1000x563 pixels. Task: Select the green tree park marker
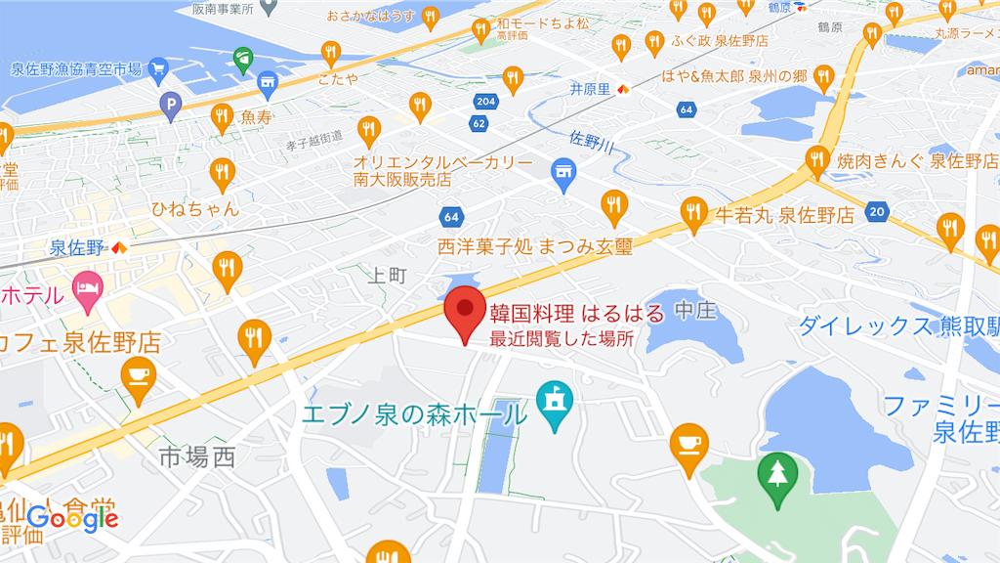[777, 477]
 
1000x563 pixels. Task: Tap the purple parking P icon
[171, 103]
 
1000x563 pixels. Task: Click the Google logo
[73, 518]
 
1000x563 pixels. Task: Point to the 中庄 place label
[696, 312]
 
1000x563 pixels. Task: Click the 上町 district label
[387, 276]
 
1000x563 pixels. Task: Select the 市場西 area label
[197, 455]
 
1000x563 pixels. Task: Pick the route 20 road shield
[877, 211]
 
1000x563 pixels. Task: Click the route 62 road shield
[479, 123]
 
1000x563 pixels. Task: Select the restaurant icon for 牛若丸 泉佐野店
[693, 212]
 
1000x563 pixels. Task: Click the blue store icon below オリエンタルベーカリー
[562, 173]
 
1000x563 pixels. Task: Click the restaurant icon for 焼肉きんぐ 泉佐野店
[818, 159]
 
